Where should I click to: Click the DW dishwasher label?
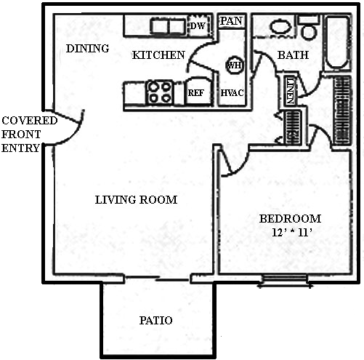(198, 25)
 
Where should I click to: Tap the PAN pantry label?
(231, 21)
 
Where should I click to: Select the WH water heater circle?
(235, 65)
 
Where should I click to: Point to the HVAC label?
(232, 92)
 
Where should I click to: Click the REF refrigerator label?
(196, 93)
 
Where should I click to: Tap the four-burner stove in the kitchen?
(159, 92)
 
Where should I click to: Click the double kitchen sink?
(168, 26)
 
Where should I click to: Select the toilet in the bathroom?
(309, 27)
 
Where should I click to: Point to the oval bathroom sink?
(280, 26)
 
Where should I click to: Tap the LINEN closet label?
(290, 90)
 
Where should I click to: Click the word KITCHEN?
(158, 55)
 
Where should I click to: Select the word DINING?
(87, 49)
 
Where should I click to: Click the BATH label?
(293, 55)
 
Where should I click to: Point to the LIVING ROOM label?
(136, 200)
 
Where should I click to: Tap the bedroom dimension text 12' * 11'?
(291, 233)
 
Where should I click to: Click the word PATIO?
(155, 320)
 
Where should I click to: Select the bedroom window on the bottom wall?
(285, 281)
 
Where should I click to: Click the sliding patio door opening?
(158, 278)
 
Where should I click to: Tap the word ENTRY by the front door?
(20, 148)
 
